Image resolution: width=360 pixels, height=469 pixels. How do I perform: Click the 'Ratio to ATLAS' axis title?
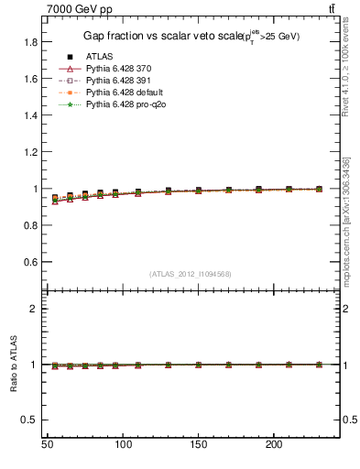click(x=13, y=364)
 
